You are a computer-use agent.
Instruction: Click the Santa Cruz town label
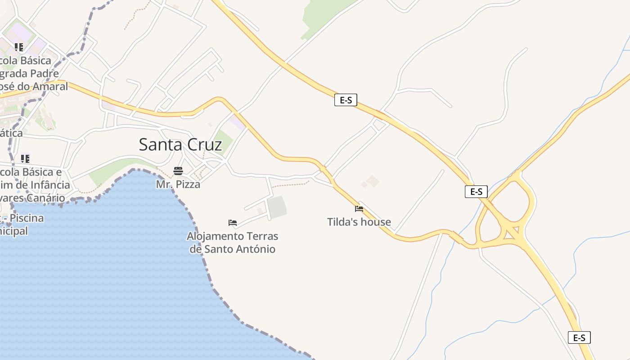180,144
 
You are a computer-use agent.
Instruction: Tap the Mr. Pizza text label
178,184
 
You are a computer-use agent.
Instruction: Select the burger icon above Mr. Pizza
178,171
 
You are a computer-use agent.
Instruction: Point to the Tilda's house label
359,222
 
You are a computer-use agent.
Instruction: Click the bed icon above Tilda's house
359,209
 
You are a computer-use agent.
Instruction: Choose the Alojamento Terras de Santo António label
233,243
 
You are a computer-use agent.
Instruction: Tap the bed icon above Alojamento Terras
233,222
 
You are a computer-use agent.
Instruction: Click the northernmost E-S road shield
346,100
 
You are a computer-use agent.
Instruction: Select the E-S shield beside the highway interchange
476,192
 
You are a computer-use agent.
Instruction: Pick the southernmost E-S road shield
579,337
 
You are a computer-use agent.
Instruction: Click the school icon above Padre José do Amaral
19,47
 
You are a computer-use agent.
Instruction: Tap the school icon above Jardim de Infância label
25,158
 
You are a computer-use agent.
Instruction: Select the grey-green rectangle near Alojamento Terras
277,207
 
